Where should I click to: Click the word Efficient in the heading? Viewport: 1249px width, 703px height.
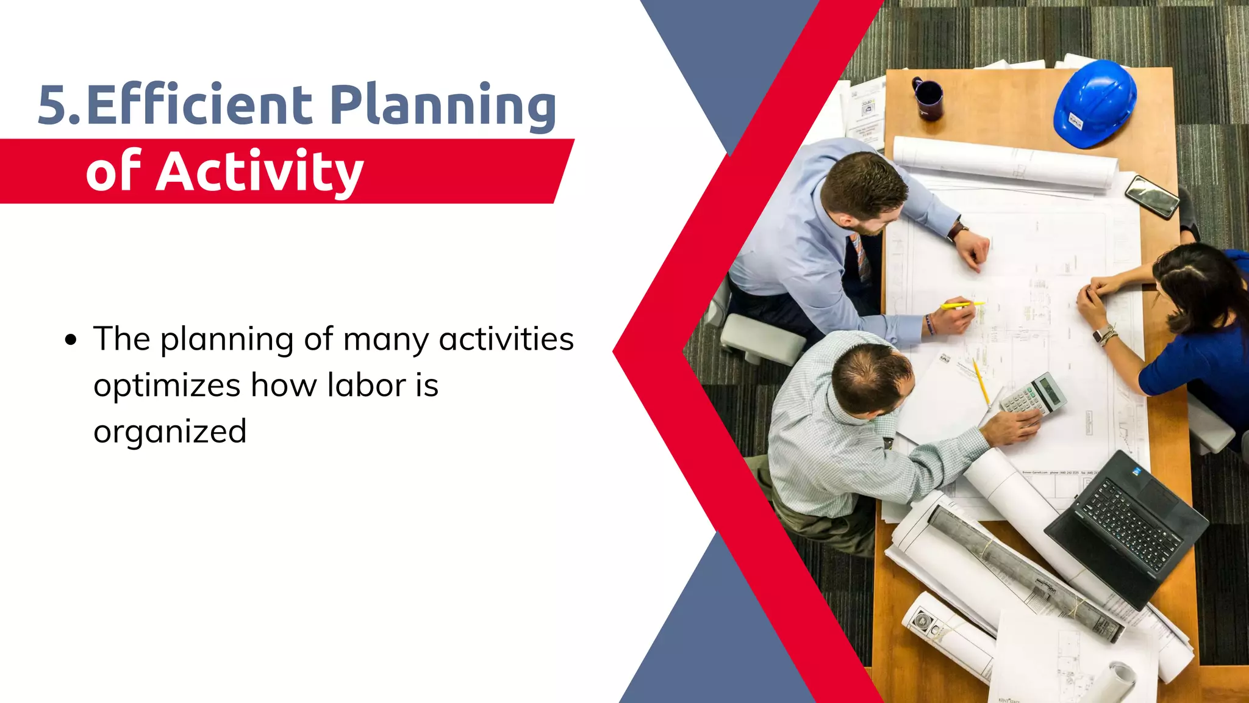coord(199,105)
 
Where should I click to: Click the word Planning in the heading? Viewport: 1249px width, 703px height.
coord(443,105)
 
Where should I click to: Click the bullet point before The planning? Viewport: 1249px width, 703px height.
coord(71,340)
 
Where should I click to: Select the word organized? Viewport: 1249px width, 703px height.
coord(170,432)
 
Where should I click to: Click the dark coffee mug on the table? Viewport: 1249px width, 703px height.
coord(929,99)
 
